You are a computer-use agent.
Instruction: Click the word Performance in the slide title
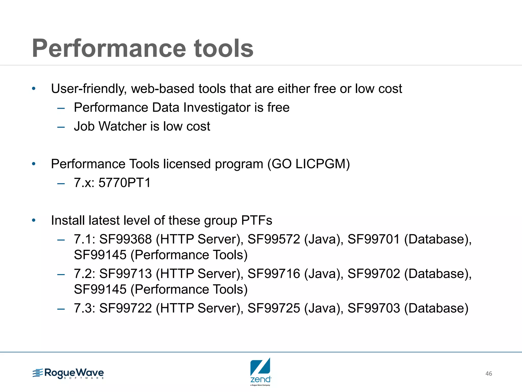[109, 48]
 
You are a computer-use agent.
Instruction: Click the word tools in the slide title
[223, 48]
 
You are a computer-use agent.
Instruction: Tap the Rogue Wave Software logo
[68, 373]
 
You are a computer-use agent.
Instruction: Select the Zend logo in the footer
[260, 371]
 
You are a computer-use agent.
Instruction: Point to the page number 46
[489, 374]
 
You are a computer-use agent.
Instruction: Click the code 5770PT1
[125, 183]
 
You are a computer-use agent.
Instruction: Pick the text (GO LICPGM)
[308, 164]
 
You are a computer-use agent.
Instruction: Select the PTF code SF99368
[125, 239]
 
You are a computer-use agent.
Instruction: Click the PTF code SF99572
[274, 239]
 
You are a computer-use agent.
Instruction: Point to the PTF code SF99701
[374, 239]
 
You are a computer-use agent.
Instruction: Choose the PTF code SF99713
[125, 274]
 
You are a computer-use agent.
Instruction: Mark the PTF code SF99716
[274, 274]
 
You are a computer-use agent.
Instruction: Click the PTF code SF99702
[374, 274]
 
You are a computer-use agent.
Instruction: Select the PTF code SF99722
[125, 308]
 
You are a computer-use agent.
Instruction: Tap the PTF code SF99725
[274, 308]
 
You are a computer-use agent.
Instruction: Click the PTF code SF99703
[374, 308]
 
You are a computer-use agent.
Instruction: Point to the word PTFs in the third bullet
[256, 220]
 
